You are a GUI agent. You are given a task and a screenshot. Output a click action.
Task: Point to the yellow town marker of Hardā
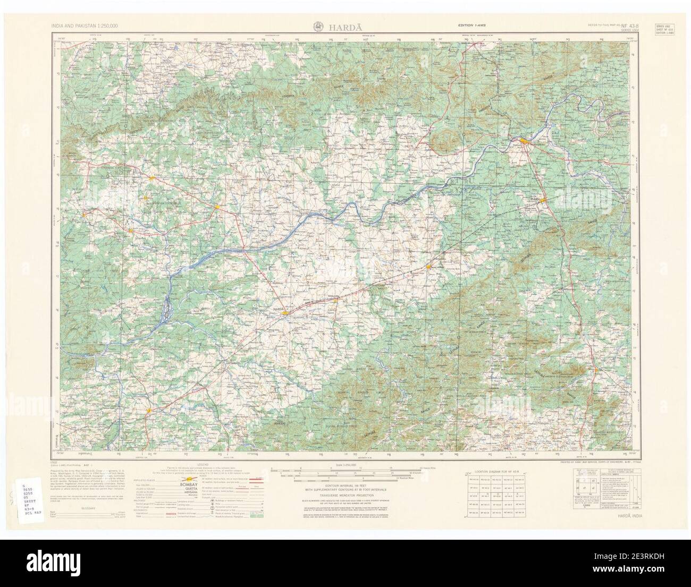pos(286,313)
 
